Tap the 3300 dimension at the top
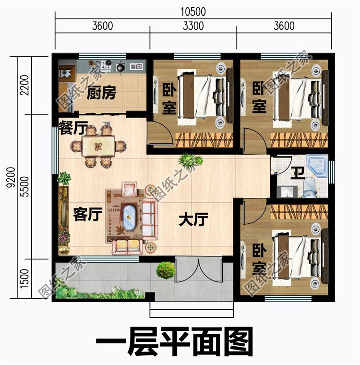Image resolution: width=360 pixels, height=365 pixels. coord(193,26)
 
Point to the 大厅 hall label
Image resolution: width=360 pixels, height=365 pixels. coord(193,220)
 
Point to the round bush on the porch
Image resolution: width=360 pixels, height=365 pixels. coord(165,270)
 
